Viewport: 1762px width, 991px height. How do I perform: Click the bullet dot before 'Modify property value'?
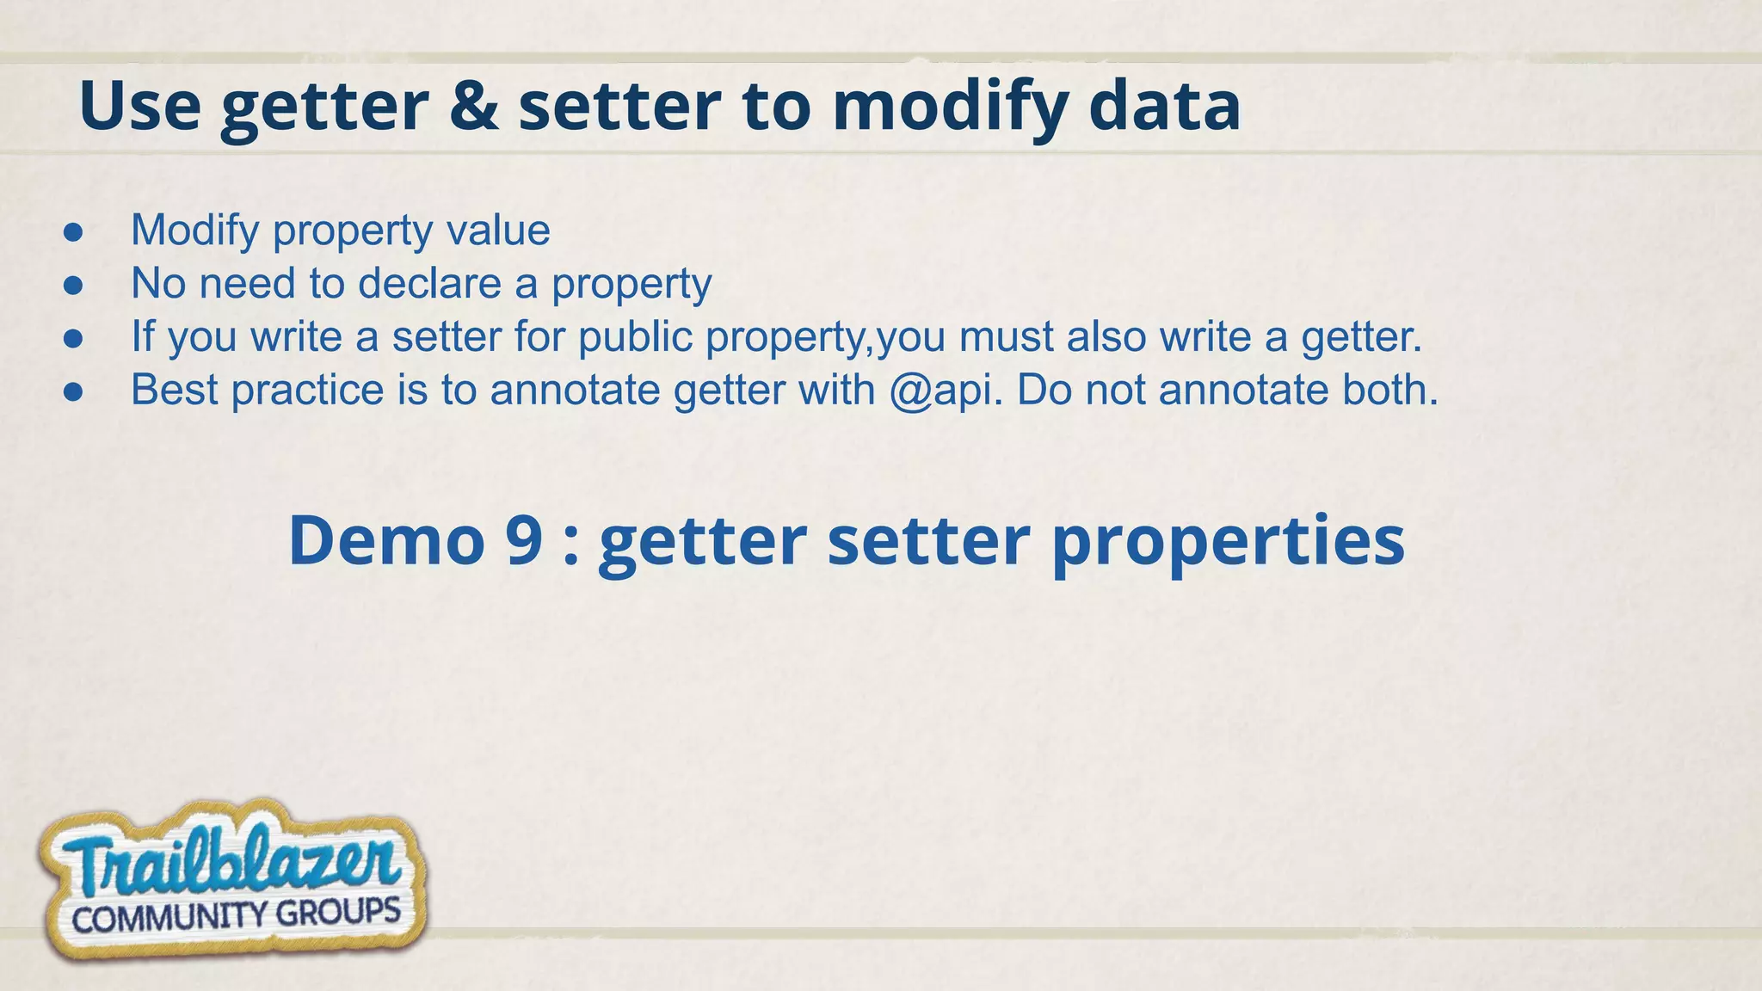(x=73, y=231)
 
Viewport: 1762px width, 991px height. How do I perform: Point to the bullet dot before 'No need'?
(x=73, y=285)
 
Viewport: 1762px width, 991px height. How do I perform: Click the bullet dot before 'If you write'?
(x=73, y=338)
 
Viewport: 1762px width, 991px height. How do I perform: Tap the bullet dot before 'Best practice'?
(x=73, y=391)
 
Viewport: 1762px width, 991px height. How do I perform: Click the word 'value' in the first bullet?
(x=498, y=231)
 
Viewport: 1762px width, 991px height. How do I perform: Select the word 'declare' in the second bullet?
(x=429, y=284)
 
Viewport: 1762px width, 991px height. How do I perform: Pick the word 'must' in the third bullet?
(x=1006, y=336)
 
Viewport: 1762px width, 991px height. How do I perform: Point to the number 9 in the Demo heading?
(x=524, y=540)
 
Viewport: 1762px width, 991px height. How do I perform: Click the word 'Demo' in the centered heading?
(x=386, y=540)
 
